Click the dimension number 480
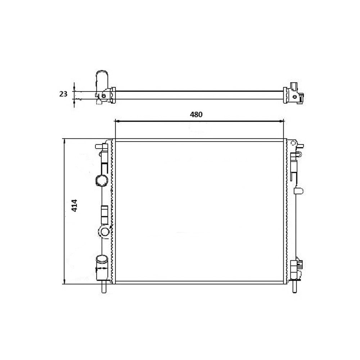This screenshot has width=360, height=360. pos(196,114)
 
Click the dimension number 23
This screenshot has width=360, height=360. pos(63,94)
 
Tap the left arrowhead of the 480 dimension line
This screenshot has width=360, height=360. pos(117,122)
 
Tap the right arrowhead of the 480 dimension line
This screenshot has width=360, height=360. pos(282,122)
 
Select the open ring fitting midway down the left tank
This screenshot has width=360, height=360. pos(104,232)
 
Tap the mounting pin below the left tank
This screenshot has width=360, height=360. pos(104,287)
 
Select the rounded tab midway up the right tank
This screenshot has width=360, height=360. pos(298,190)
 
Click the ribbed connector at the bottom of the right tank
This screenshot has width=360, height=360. pos(298,267)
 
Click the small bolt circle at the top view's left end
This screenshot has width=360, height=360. pos(104,96)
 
